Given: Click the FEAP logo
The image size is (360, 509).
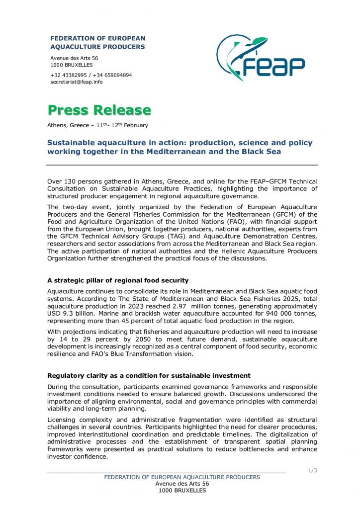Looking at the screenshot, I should (260, 58).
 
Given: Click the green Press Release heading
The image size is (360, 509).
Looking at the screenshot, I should (99, 109).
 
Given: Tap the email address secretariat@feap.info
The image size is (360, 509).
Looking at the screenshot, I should (76, 82).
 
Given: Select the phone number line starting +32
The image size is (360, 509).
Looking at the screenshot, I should (91, 75).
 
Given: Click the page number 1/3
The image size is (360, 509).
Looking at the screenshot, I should (313, 470).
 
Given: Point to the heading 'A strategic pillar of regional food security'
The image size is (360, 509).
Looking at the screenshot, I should (117, 281).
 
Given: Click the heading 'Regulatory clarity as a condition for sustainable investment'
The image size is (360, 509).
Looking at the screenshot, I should (149, 375).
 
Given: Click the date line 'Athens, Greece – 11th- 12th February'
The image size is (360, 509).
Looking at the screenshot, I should (97, 125).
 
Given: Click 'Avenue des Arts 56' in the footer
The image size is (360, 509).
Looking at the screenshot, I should (182, 484).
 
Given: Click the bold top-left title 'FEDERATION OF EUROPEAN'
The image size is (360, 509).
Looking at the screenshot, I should (97, 39).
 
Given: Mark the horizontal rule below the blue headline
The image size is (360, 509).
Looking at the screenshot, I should (182, 165).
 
